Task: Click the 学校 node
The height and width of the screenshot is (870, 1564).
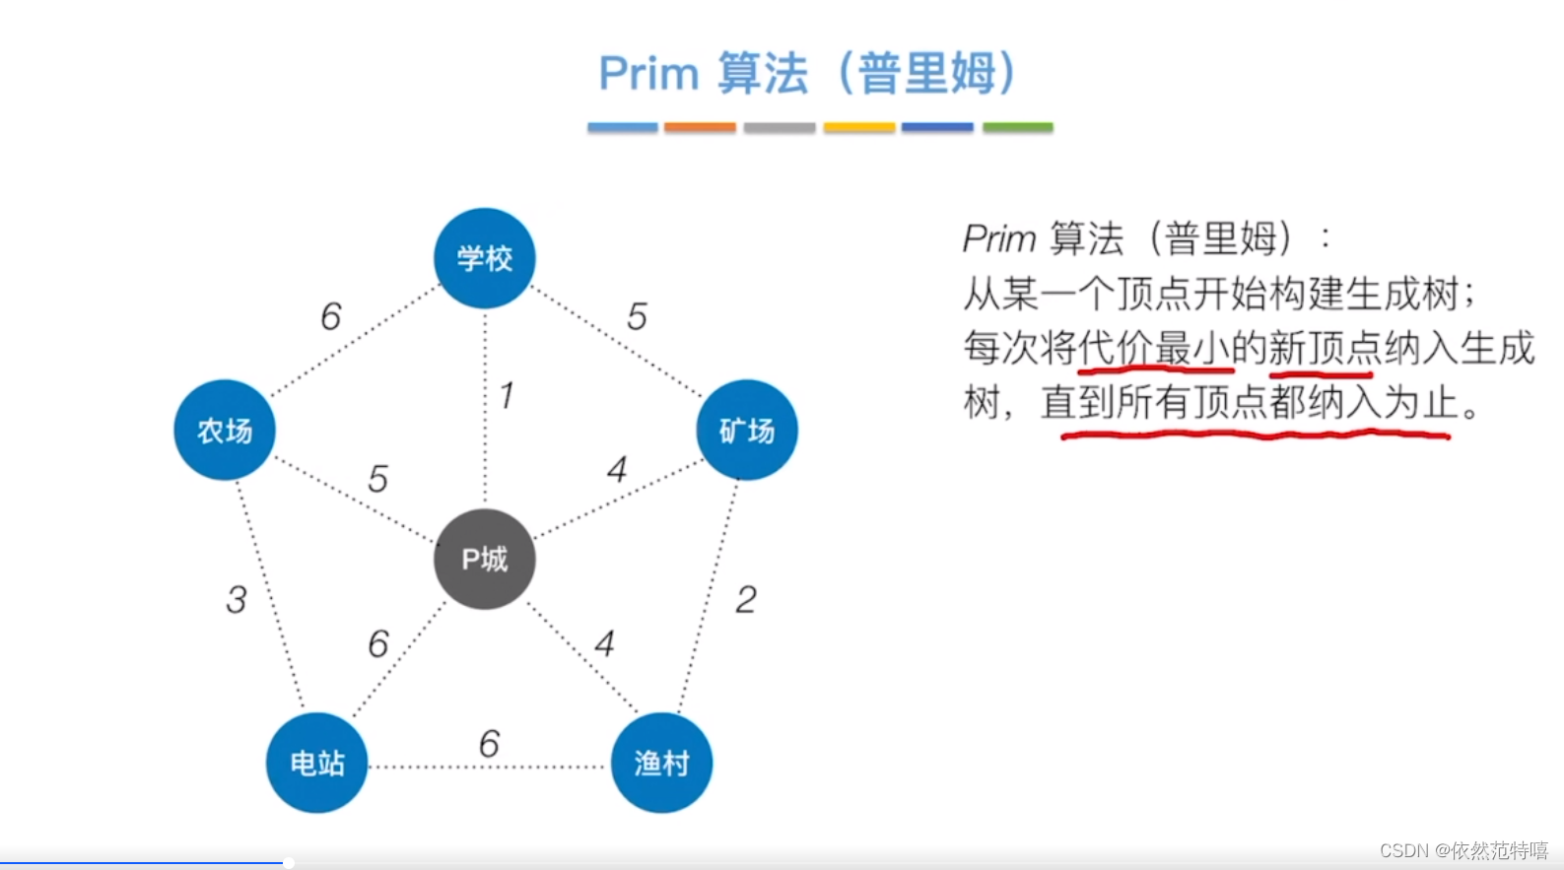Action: point(484,258)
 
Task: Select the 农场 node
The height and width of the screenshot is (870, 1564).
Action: point(225,430)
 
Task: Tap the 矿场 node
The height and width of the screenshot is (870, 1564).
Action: point(746,430)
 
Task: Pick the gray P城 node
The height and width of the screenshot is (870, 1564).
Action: point(484,559)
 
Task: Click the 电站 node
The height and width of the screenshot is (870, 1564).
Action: point(316,763)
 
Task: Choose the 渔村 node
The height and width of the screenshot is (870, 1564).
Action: point(661,763)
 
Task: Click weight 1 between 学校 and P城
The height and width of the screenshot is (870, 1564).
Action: point(507,396)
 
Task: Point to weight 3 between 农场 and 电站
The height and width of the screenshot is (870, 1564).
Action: point(237,599)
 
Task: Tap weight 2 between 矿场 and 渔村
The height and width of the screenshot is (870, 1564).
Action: point(746,599)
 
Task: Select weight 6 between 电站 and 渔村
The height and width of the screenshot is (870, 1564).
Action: point(489,744)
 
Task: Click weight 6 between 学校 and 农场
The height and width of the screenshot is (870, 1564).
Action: point(331,316)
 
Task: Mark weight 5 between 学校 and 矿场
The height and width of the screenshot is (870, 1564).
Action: point(637,316)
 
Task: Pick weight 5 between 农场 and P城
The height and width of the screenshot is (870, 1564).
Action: point(377,479)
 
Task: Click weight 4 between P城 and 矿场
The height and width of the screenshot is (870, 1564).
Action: point(617,469)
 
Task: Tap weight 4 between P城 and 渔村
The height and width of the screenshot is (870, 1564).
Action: point(604,643)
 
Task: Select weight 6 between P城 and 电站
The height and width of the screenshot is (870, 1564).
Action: point(378,643)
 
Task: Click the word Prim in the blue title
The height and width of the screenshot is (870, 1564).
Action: point(648,74)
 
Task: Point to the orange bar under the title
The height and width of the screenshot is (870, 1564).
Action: point(700,127)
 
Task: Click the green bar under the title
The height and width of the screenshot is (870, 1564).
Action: point(1017,127)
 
